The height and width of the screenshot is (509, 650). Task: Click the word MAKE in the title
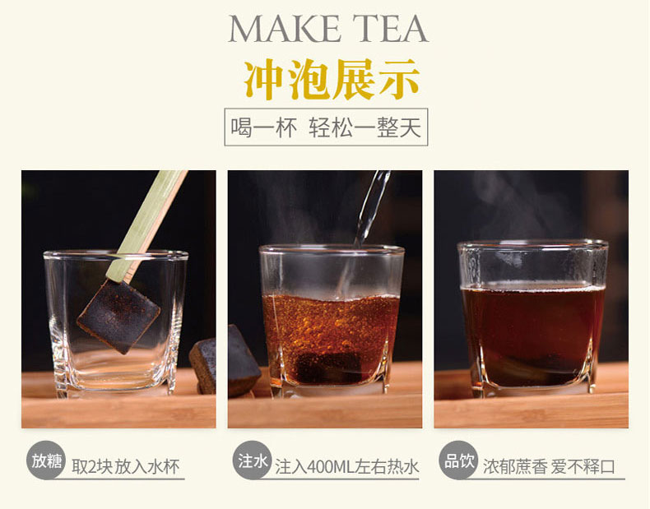283,28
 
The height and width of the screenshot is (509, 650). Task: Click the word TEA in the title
391,28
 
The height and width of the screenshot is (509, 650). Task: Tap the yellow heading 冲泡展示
332,80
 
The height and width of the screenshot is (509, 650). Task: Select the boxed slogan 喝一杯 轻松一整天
327,127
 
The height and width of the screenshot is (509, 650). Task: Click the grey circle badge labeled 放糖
46,460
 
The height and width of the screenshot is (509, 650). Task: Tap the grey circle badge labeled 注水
252,460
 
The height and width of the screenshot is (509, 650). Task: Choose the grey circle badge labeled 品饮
458,460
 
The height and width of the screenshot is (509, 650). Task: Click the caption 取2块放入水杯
126,467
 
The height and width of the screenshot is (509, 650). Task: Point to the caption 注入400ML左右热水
347,467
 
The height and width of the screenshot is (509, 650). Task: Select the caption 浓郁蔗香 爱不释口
549,467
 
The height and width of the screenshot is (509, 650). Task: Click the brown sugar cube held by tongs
118,316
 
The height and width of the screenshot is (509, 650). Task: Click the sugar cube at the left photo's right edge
203,365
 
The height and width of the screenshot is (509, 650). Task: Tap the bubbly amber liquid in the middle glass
330,327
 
